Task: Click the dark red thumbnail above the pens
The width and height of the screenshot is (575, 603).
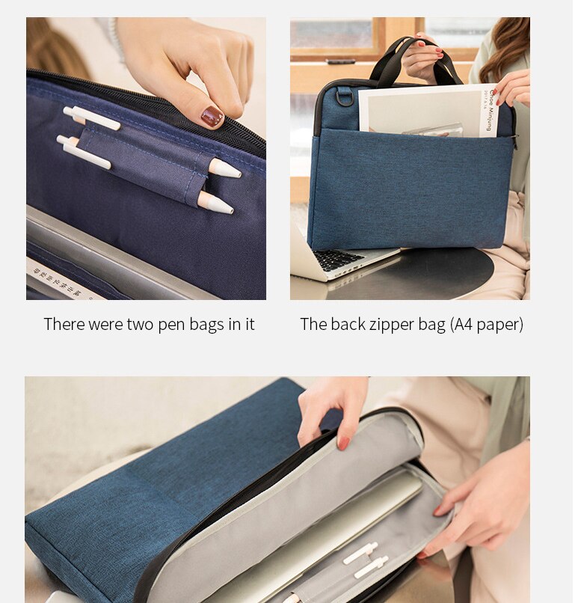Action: tap(212, 116)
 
